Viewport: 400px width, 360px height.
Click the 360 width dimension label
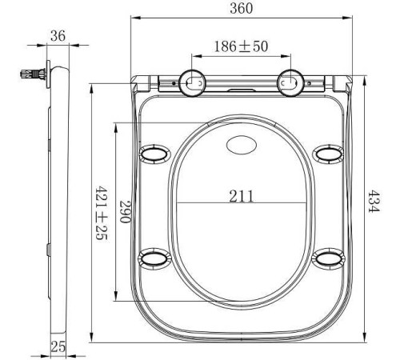click(241, 8)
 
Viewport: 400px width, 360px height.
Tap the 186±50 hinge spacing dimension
click(241, 46)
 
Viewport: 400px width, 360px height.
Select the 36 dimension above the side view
click(58, 36)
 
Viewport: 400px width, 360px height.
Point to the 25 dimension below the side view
click(58, 346)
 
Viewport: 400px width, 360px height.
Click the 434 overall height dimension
click(374, 202)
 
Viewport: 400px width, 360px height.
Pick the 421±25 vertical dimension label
click(102, 214)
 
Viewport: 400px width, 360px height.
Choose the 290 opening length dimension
click(126, 211)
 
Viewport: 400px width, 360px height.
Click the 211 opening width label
click(242, 196)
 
